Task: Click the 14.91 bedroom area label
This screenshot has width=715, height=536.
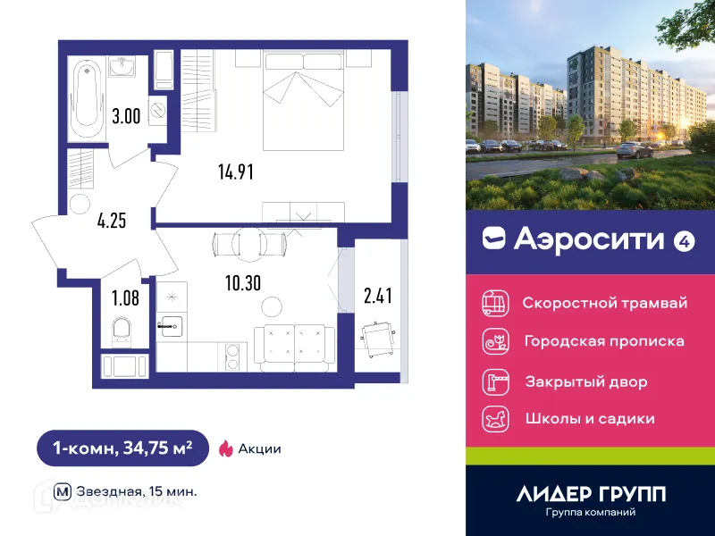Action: point(236,172)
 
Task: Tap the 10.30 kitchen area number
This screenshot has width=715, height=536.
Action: point(244,285)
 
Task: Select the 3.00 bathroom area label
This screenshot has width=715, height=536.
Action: point(125,115)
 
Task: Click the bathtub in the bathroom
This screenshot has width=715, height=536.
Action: point(86,94)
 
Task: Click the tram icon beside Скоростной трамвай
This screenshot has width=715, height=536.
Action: point(494,303)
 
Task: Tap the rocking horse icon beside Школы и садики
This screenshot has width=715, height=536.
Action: point(494,418)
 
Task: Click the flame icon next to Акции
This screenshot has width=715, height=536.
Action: point(225,448)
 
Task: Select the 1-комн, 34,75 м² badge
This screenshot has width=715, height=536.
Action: point(122,448)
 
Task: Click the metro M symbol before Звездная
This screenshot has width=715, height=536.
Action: point(63,490)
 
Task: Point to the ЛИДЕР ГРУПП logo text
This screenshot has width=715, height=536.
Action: point(591,494)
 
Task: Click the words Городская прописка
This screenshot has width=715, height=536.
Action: point(604,341)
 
